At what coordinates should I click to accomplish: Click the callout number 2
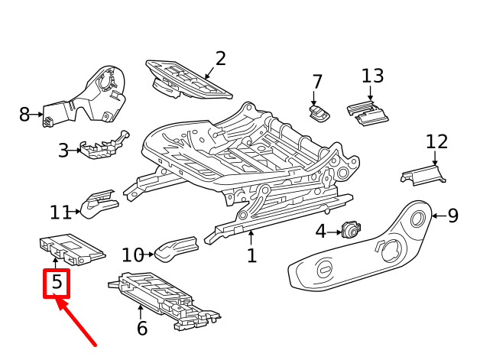pyautogui.click(x=221, y=59)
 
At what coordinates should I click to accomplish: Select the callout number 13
pyautogui.click(x=372, y=76)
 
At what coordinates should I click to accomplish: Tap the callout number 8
pyautogui.click(x=24, y=115)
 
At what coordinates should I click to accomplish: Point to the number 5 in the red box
pyautogui.click(x=57, y=282)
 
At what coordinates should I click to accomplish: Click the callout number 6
pyautogui.click(x=142, y=329)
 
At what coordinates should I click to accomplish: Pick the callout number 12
pyautogui.click(x=436, y=142)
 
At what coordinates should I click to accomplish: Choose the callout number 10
pyautogui.click(x=133, y=255)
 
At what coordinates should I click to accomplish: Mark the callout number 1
pyautogui.click(x=251, y=255)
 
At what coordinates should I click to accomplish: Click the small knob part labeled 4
pyautogui.click(x=351, y=230)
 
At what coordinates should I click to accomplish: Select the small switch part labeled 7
pyautogui.click(x=319, y=113)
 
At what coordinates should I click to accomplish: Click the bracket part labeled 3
pyautogui.click(x=105, y=146)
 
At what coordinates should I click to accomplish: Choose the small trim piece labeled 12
pyautogui.click(x=423, y=176)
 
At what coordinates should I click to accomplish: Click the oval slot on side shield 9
pyautogui.click(x=325, y=270)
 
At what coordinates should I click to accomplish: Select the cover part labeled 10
pyautogui.click(x=177, y=248)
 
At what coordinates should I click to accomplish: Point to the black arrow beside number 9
pyautogui.click(x=439, y=216)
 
